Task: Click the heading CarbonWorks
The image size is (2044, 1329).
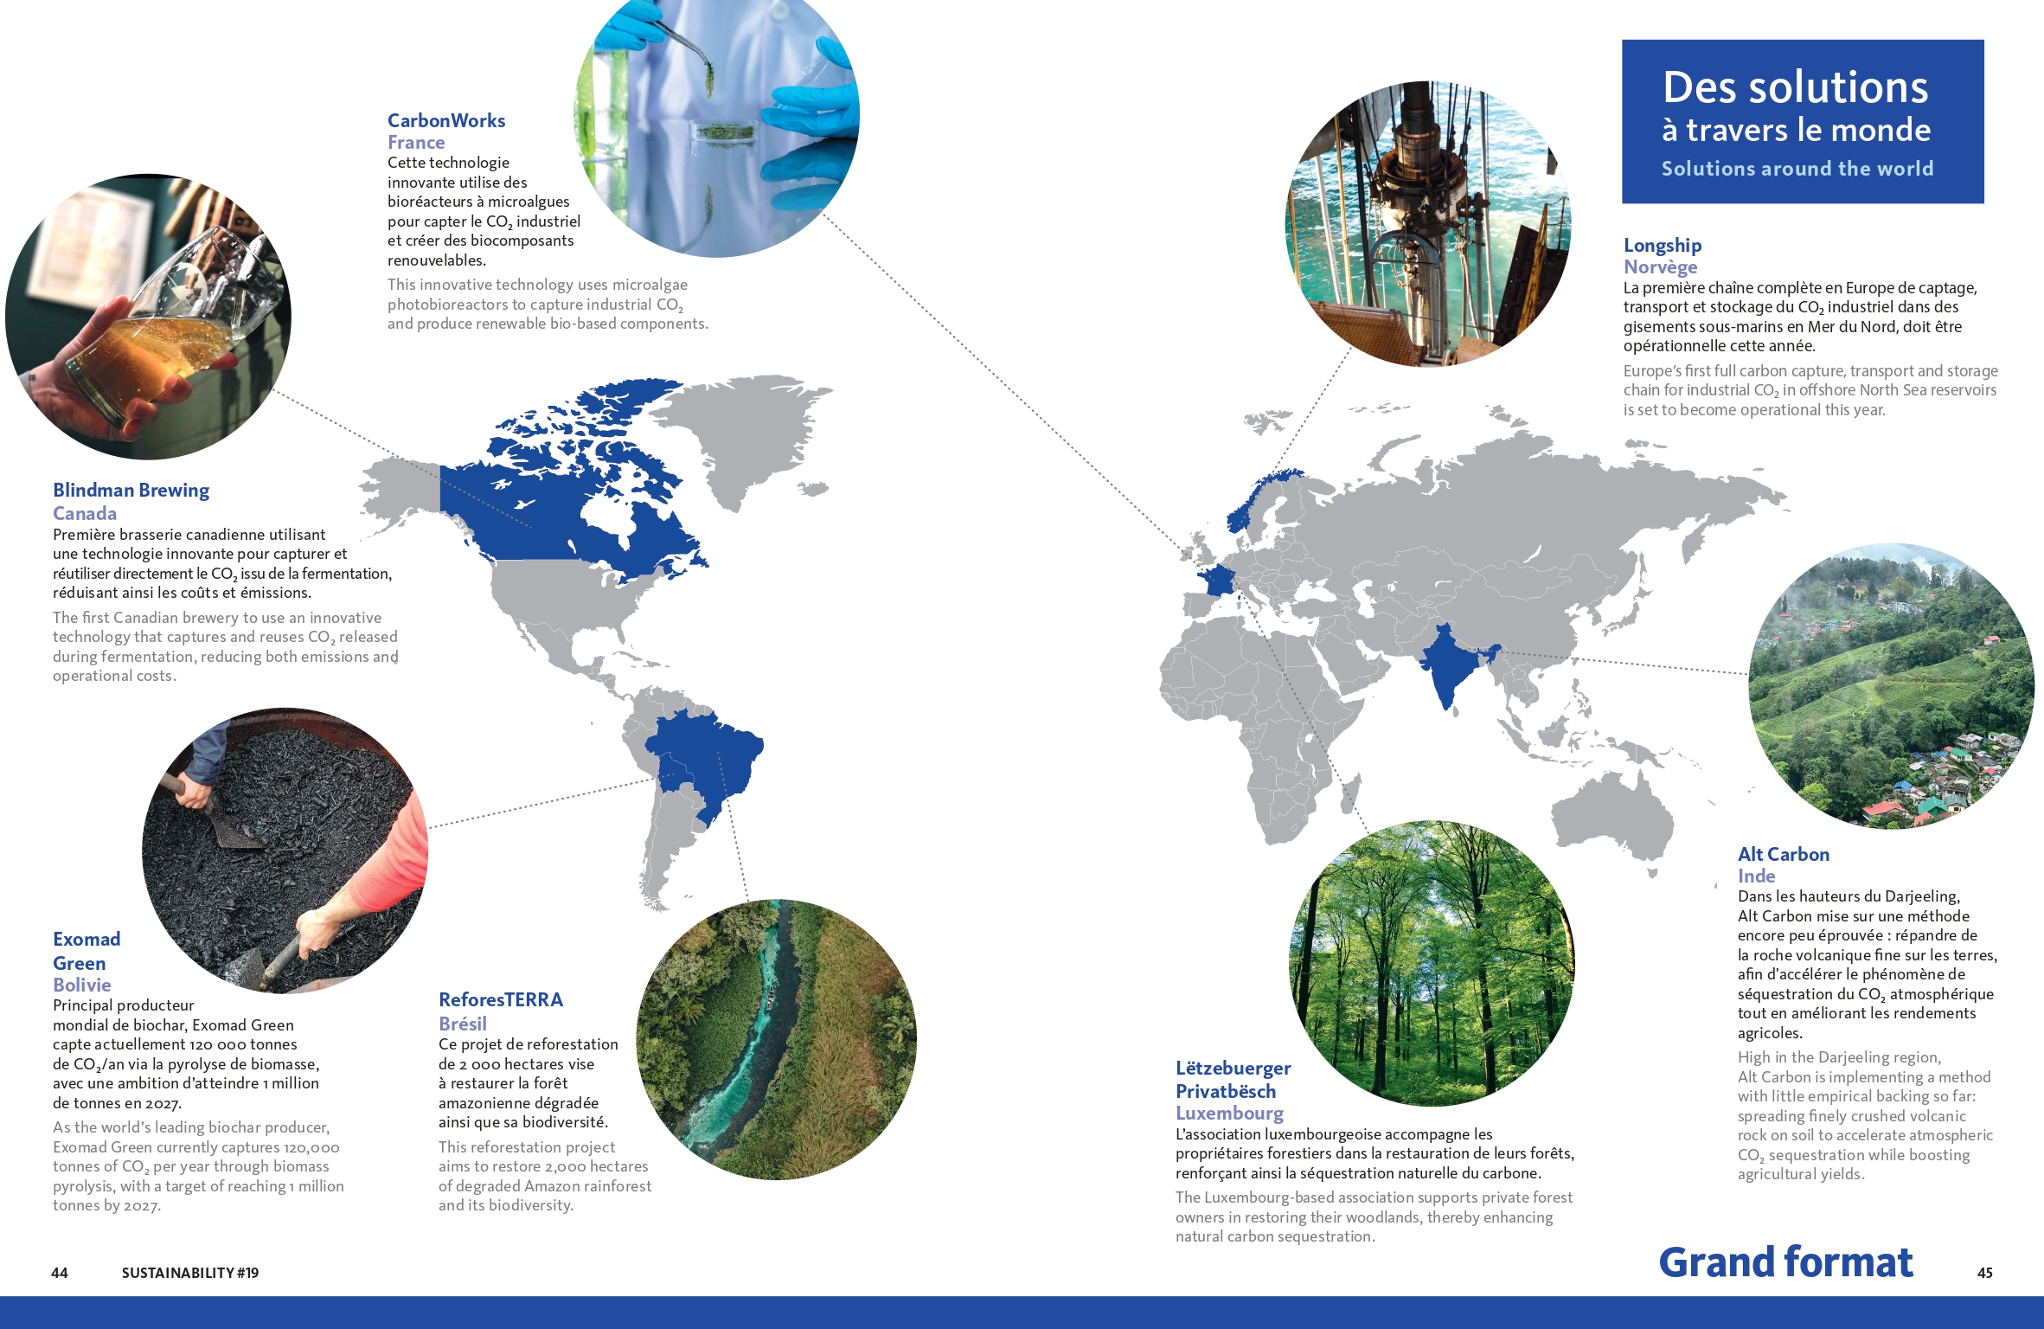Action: coord(446,120)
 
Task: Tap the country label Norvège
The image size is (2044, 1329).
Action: coord(1660,267)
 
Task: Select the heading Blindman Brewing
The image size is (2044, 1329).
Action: coord(131,491)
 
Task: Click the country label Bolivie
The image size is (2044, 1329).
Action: coord(82,985)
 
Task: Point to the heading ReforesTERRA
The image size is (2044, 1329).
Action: coord(501,1000)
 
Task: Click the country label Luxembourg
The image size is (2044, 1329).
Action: coord(1229,1114)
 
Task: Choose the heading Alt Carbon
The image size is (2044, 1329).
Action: coord(1784,855)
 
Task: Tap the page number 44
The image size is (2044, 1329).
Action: coord(60,1273)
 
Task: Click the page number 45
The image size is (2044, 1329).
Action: coord(1985,1273)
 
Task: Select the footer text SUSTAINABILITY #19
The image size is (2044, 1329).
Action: coord(190,1273)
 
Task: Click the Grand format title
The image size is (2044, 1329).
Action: coord(1785,1262)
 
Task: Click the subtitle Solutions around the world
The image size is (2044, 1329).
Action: coord(1797,169)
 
